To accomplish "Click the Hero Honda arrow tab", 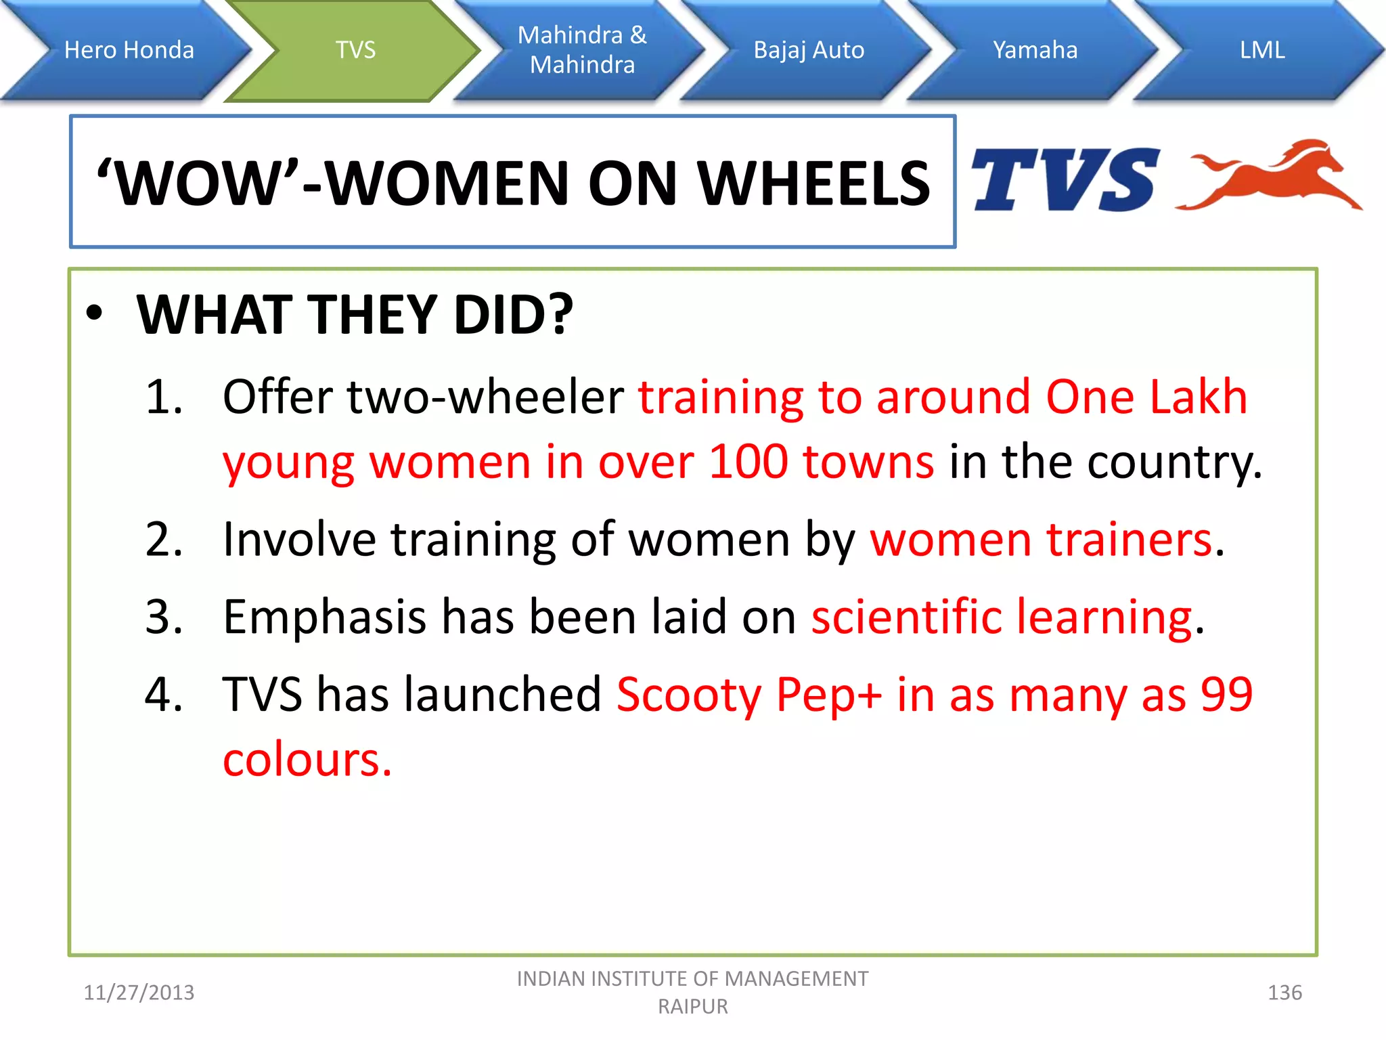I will pos(129,50).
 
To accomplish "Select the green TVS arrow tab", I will pos(355,50).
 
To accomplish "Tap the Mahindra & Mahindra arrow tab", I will pos(582,50).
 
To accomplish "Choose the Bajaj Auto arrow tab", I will pos(809,50).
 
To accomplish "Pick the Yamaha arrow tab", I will pos(1035,50).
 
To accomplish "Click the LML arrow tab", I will pos(1261,50).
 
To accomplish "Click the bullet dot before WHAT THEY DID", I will pos(95,313).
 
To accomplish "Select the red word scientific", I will pos(906,617).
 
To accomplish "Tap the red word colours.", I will pos(307,760).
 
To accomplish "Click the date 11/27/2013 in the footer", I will pos(139,993).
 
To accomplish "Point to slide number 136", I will pos(1284,993).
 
